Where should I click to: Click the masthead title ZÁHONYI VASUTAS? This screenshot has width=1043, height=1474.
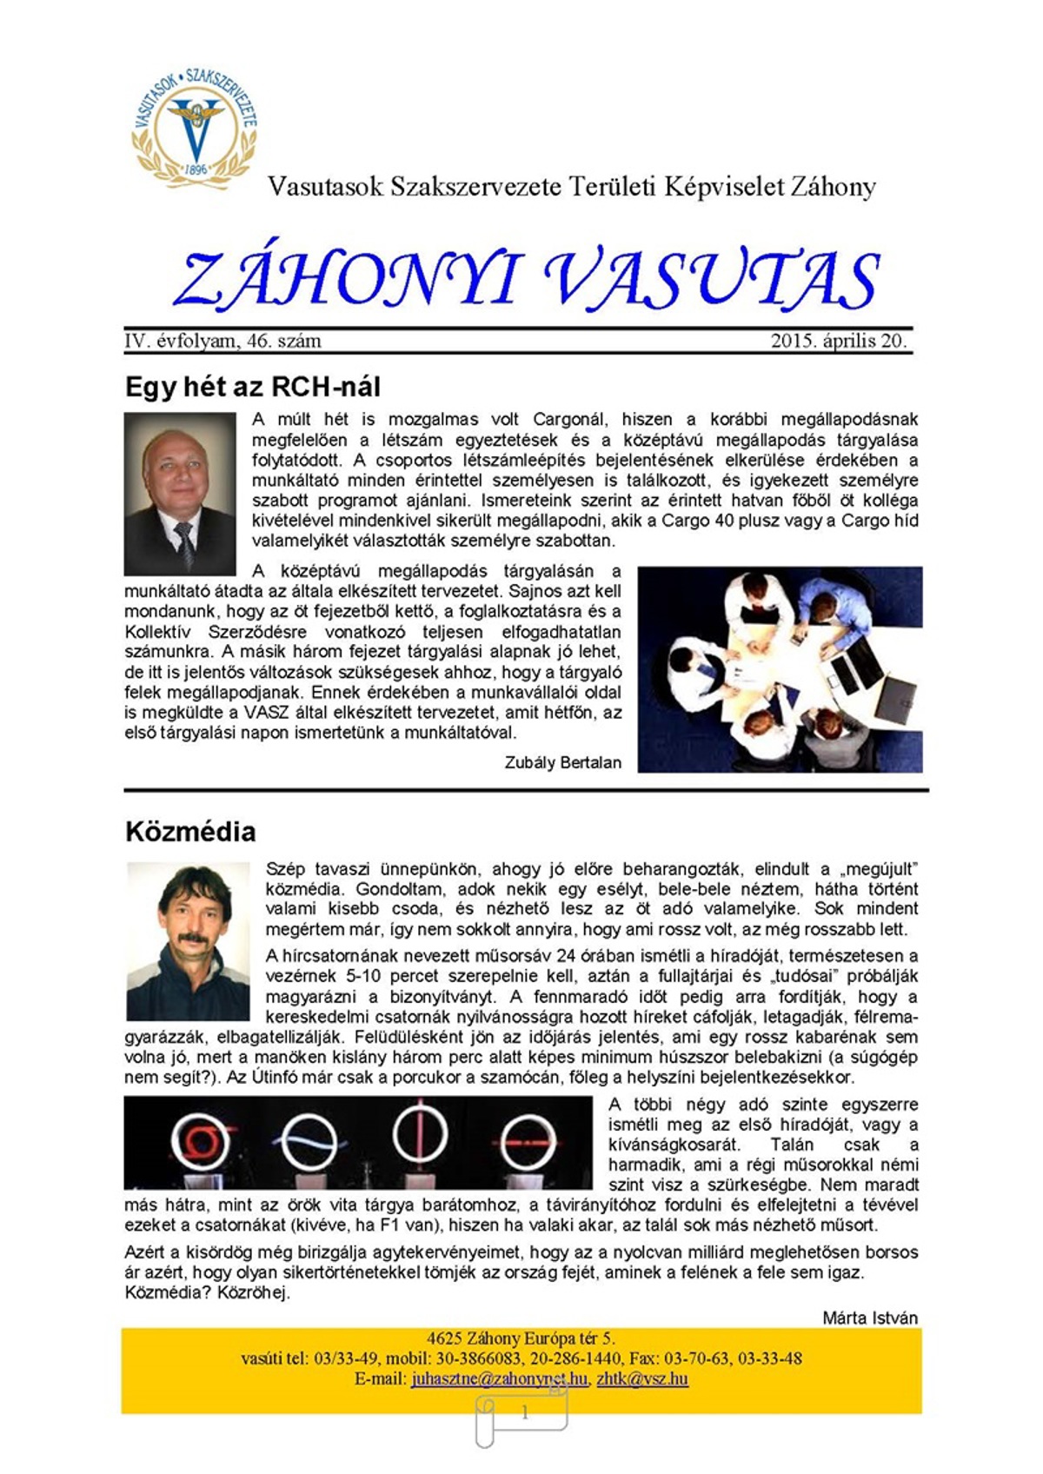527,280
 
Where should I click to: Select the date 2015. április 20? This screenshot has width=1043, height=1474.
838,341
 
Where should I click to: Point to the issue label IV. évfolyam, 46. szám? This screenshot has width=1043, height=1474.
223,341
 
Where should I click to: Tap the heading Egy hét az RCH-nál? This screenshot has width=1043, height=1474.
253,387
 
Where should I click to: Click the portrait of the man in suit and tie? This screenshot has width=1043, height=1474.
180,493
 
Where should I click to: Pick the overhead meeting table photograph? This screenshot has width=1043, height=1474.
780,669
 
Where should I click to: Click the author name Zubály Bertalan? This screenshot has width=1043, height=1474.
562,762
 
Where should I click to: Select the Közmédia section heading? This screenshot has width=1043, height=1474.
190,832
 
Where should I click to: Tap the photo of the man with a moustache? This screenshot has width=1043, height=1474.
188,941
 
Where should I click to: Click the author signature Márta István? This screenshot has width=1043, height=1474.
869,1318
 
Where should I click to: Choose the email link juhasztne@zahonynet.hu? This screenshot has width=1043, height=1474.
500,1378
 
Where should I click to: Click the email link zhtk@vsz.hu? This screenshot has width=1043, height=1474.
642,1378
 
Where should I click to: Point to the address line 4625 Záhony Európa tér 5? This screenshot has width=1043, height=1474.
521,1338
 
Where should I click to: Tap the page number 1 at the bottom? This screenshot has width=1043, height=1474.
524,1413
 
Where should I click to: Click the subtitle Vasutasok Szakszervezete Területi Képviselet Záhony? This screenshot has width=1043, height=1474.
571,187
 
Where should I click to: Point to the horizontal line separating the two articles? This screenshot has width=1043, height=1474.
526,791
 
